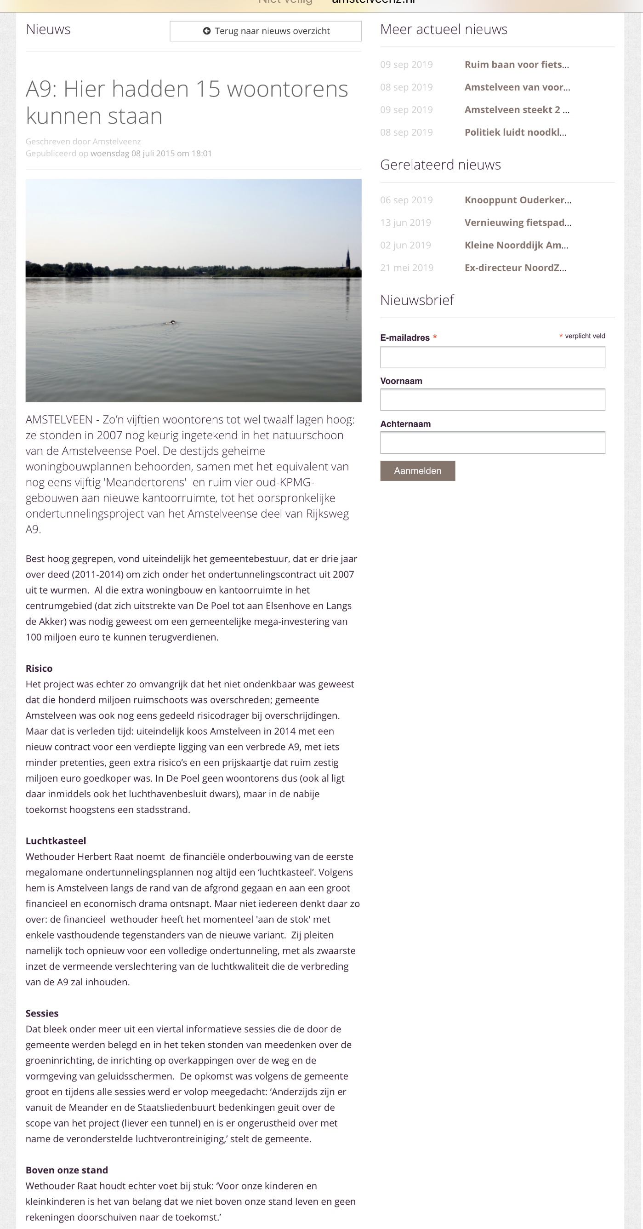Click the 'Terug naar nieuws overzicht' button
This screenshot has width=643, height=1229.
(266, 31)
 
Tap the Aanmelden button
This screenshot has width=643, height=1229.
(417, 471)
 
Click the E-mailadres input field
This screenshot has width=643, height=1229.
(492, 357)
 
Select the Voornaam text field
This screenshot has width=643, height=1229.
(492, 400)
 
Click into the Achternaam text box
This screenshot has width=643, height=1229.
(492, 443)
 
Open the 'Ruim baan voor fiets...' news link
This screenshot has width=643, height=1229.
(517, 64)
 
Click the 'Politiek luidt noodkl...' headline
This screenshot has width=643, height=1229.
(515, 132)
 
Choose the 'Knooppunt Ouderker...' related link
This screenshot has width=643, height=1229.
(518, 200)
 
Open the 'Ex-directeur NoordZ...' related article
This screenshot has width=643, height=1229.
(515, 268)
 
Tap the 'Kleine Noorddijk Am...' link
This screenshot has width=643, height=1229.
(516, 245)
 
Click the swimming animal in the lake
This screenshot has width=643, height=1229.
(172, 322)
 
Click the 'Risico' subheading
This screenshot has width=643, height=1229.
(39, 669)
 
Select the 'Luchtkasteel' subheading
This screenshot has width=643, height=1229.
(56, 841)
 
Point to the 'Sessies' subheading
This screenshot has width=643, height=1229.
(42, 1013)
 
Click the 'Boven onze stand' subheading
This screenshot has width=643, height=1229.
(67, 1170)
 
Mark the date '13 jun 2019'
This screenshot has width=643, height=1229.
(405, 223)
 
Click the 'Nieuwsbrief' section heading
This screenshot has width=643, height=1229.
(417, 300)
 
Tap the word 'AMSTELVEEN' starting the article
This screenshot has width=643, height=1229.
(59, 420)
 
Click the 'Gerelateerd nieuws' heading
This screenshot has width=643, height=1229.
(440, 165)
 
